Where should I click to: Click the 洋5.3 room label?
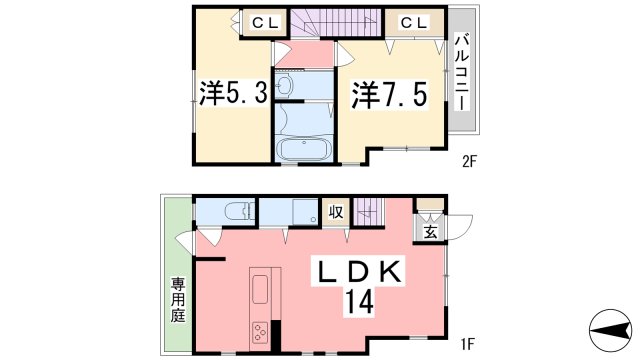[x=232, y=96]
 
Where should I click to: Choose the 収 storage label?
[x=337, y=212]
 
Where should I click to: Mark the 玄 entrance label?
[x=429, y=233]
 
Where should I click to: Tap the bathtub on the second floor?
[x=304, y=150]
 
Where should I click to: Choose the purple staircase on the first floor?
[x=370, y=211]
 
